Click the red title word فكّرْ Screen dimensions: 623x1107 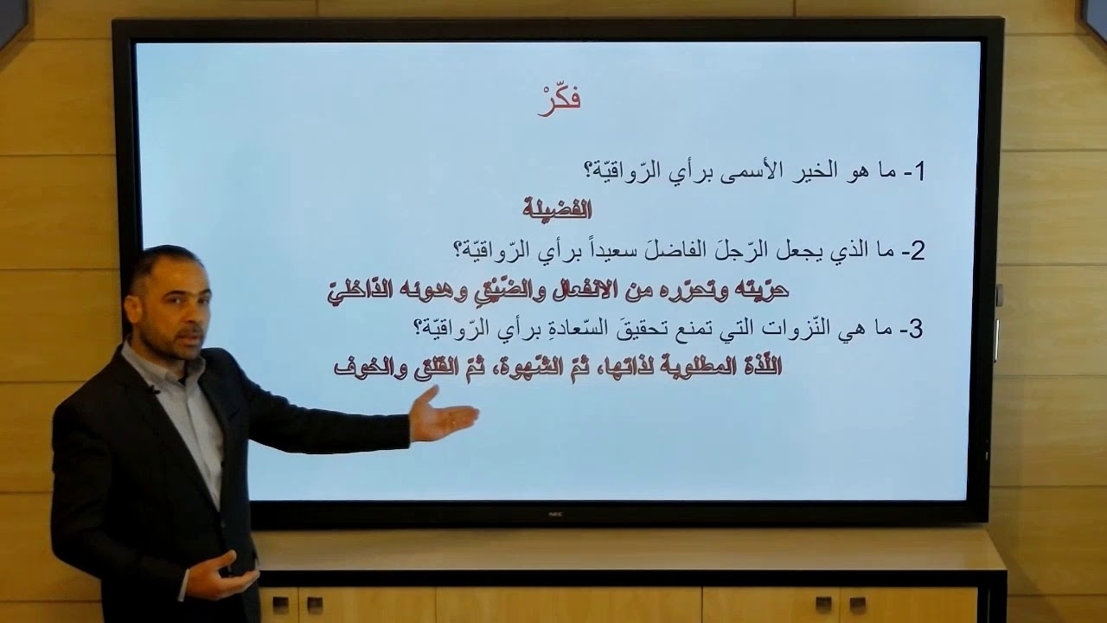560,99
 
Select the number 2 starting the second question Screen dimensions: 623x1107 918,251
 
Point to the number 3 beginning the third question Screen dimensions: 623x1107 918,330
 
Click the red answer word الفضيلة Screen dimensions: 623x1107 557,209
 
